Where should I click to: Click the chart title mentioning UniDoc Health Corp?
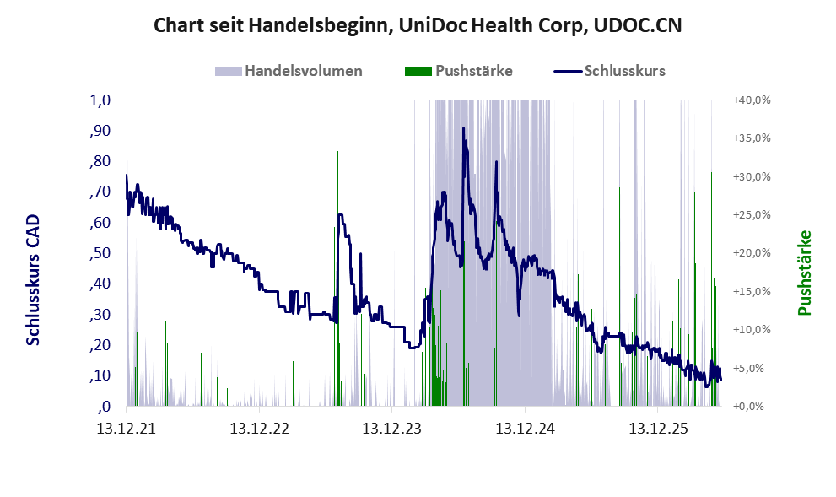(x=418, y=25)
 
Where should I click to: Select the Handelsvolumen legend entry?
(x=289, y=71)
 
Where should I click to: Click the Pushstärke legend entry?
(x=459, y=71)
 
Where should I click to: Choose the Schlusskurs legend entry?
(x=609, y=71)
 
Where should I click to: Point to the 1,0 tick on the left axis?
(x=100, y=100)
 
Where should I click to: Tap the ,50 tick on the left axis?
(x=100, y=253)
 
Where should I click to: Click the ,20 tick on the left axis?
(x=100, y=345)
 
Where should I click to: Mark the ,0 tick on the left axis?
(x=104, y=407)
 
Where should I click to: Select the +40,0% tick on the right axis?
(x=752, y=100)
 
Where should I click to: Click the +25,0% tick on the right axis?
(x=752, y=215)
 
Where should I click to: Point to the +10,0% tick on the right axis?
(x=752, y=330)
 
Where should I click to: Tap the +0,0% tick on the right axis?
(x=752, y=407)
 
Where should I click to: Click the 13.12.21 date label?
(x=127, y=428)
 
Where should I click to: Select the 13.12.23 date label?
(x=392, y=428)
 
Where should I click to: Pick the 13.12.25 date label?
(x=658, y=428)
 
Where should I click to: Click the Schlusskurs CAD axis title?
(x=33, y=280)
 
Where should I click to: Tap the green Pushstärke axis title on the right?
(x=805, y=273)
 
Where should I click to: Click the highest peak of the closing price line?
(x=463, y=128)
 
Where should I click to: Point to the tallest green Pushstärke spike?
(x=337, y=153)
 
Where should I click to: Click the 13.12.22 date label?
(x=259, y=428)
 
